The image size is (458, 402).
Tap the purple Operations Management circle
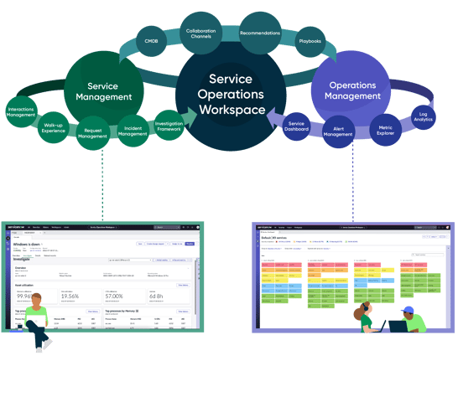tap(351, 90)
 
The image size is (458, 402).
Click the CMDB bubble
tap(151, 40)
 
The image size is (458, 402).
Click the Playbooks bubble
tap(310, 40)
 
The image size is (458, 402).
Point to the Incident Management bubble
tap(133, 131)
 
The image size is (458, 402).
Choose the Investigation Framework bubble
tap(169, 126)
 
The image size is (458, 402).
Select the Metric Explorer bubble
tap(385, 130)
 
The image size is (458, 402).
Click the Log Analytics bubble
tap(424, 115)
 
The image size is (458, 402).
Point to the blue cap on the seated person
tap(408, 311)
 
